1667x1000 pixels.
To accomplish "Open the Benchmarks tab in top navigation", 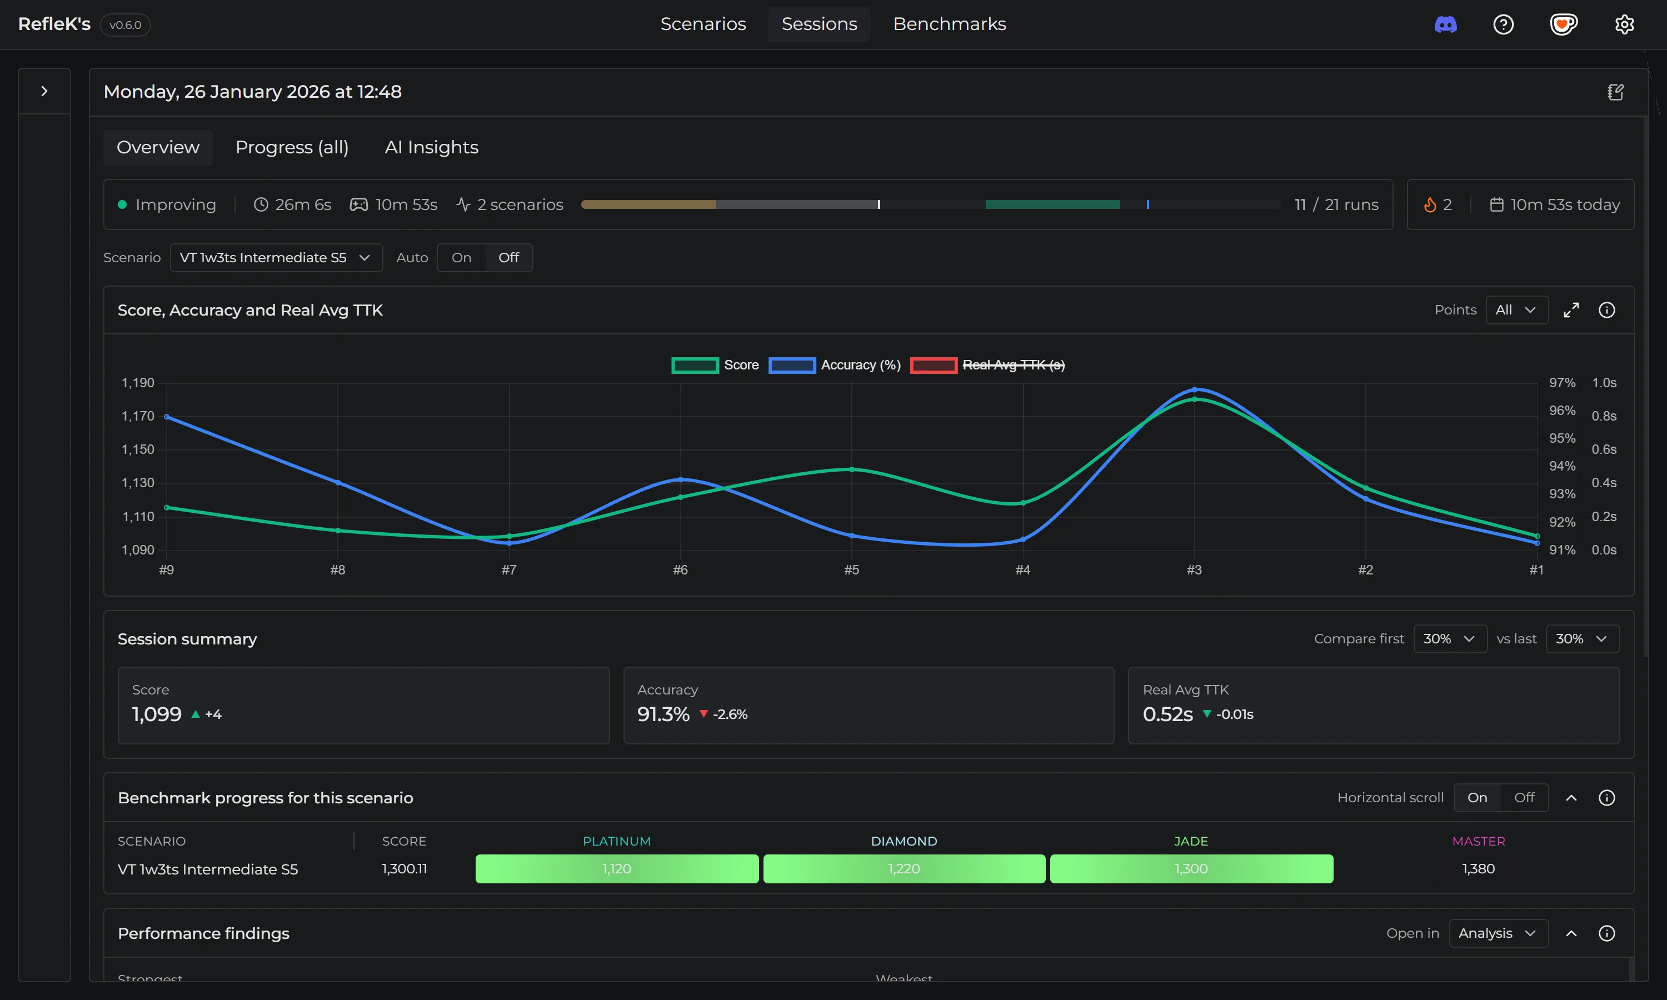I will tap(949, 24).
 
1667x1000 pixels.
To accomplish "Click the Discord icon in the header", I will tap(1445, 25).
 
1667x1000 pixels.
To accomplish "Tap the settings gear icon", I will tap(1624, 25).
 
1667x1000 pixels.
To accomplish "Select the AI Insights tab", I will tap(431, 147).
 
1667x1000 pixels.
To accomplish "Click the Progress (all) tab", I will tap(292, 147).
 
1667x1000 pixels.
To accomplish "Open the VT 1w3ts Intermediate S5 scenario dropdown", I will tap(276, 257).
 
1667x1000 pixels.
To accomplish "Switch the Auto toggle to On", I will tap(461, 257).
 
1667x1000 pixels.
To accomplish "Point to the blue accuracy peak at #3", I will tap(1194, 389).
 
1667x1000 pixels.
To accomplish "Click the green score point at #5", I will tap(852, 469).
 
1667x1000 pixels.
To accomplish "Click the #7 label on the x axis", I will tap(509, 569).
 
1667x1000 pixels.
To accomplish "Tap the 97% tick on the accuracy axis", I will tap(1562, 383).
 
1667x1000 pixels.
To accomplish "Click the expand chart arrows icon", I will tap(1571, 310).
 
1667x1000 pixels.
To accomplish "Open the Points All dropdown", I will tap(1516, 310).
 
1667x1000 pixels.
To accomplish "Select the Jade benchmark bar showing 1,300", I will tap(1191, 868).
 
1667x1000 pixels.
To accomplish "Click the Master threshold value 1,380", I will tap(1478, 868).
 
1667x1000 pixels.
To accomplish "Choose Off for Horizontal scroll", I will tap(1524, 798).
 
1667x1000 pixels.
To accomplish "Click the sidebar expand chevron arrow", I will tap(44, 91).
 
